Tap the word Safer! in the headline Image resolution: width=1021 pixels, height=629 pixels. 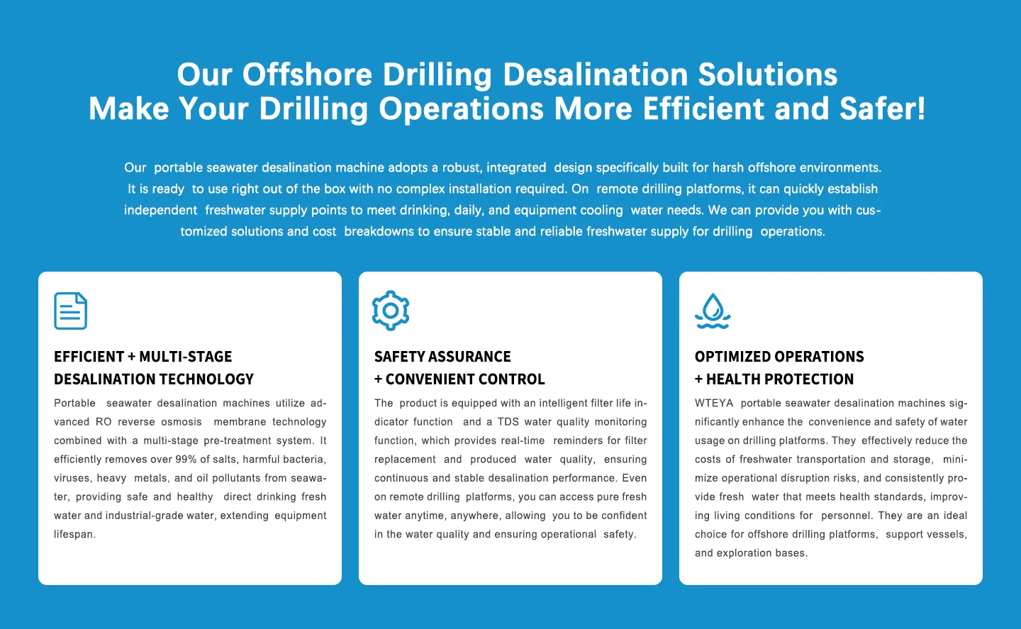883,108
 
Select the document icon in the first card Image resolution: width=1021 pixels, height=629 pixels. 71,311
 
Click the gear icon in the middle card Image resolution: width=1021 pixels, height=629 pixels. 391,311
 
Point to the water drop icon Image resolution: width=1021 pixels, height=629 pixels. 713,311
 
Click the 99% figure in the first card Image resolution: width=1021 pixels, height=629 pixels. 186,459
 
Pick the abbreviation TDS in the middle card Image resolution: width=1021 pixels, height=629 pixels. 508,422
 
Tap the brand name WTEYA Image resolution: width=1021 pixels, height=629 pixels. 714,403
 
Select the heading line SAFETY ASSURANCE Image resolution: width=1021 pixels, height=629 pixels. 442,357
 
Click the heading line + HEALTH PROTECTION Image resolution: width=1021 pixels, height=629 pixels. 774,379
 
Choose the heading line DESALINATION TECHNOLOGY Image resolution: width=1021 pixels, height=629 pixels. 154,379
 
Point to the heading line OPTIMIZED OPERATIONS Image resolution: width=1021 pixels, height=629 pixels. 779,357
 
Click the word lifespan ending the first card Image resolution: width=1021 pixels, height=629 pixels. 74,534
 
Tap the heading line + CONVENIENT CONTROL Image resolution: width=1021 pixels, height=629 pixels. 459,379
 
